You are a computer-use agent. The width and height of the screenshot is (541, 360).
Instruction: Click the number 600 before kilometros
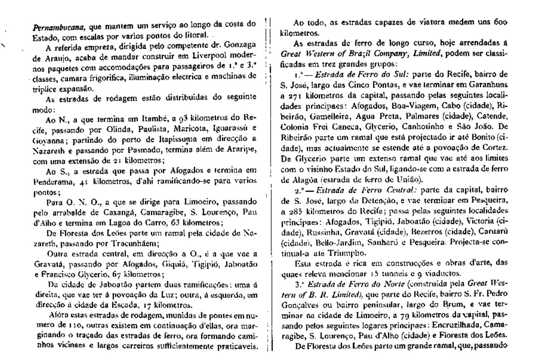click(x=499, y=23)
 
